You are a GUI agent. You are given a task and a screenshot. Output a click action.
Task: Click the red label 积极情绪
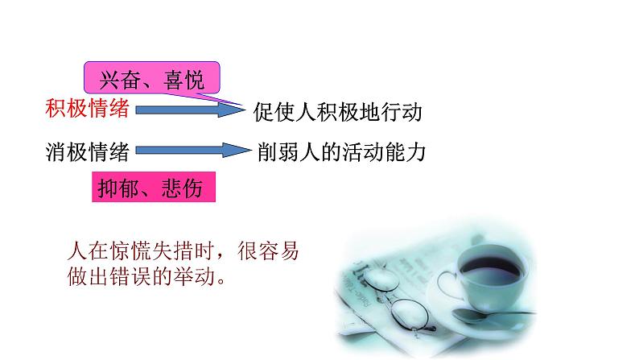pos(88,109)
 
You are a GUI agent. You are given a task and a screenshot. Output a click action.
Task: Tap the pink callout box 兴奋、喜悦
pos(151,79)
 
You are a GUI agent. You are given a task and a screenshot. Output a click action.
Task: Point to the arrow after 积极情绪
pos(188,110)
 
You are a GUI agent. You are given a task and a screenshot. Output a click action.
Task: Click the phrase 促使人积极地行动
pos(337,111)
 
